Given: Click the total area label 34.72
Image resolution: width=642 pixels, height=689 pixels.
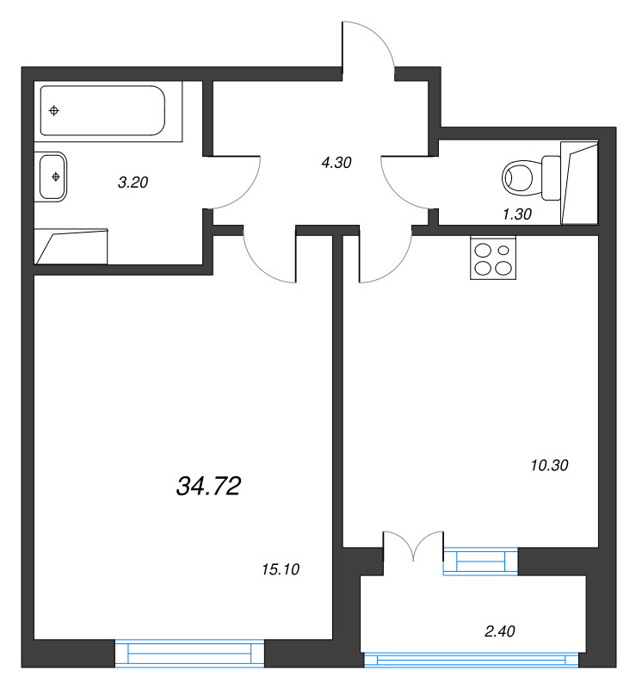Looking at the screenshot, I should tap(207, 487).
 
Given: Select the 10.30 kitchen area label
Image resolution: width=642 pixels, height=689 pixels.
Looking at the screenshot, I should tap(551, 465).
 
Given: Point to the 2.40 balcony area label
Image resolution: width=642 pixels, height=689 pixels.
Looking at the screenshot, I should tap(500, 632).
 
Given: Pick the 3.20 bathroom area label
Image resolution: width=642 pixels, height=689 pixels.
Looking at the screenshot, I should tap(134, 182).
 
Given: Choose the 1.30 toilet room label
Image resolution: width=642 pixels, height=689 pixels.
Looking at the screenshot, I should tap(517, 215).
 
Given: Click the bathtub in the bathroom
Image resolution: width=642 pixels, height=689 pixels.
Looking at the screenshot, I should tap(102, 110).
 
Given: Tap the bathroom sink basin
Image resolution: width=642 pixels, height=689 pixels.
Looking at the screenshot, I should tap(52, 177).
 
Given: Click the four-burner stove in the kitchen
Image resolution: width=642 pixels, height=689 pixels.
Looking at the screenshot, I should tap(492, 258).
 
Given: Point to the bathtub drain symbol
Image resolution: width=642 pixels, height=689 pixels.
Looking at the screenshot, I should tap(55, 110).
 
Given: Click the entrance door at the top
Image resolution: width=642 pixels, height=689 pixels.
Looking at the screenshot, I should tap(368, 45).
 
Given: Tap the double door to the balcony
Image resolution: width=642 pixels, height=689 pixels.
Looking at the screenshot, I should tap(413, 547).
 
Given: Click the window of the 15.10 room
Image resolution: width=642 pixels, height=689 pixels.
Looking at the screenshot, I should tap(190, 653).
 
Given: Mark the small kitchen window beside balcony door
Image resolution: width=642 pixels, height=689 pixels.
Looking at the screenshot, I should tap(481, 561).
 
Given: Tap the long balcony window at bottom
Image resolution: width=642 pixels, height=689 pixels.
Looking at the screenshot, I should tap(471, 660).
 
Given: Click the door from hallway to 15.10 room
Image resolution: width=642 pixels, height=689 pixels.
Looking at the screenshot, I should tap(269, 257).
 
